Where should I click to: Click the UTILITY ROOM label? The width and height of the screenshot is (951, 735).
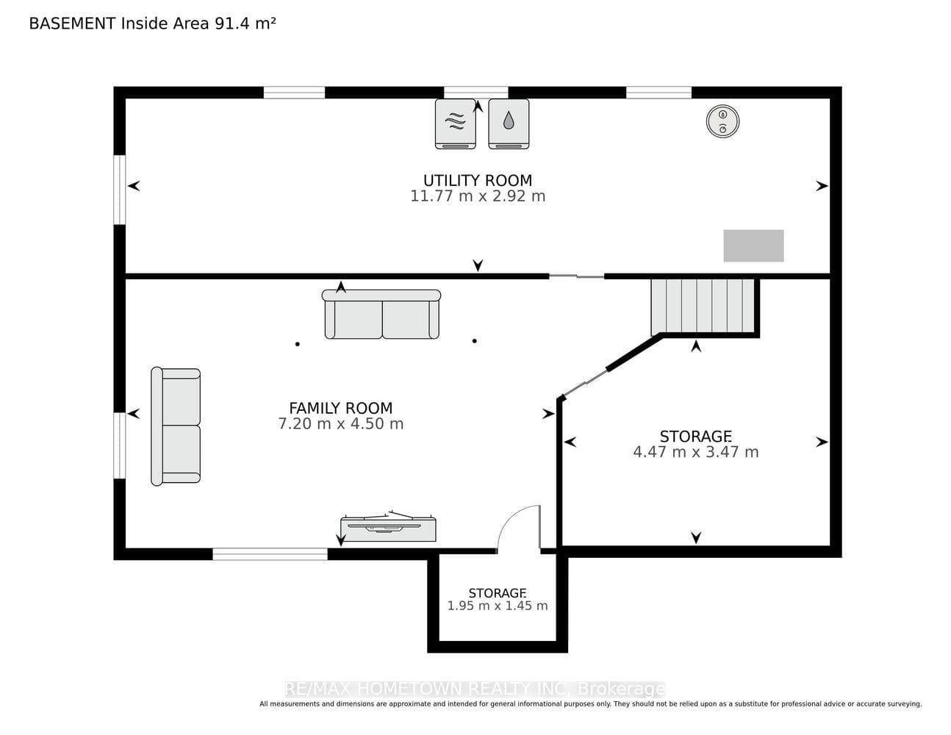478,180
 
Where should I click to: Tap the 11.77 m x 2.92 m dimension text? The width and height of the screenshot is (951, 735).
478,196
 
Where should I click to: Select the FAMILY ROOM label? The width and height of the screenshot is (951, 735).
340,408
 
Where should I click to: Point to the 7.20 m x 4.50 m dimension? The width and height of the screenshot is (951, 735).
340,423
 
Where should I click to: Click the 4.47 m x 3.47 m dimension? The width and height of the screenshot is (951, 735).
695,452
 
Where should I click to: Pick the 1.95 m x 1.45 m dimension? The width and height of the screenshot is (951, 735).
497,606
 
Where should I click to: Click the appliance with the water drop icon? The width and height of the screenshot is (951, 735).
509,123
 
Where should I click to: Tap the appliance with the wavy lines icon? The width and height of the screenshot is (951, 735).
455,123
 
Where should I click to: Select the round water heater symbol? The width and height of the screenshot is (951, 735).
722,121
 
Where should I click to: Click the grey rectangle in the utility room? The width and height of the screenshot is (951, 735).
753,246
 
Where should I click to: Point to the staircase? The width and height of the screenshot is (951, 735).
703,306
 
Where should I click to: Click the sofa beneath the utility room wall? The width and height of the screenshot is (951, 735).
381,314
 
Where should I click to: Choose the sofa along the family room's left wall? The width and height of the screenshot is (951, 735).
176,426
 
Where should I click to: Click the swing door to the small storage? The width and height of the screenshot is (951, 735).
519,528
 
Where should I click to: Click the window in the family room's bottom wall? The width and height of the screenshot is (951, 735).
270,554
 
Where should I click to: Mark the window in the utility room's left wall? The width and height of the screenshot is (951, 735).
120,190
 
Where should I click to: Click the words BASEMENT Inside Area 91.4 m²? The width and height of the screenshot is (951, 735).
152,24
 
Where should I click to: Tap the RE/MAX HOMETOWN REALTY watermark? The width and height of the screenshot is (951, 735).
475,689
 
